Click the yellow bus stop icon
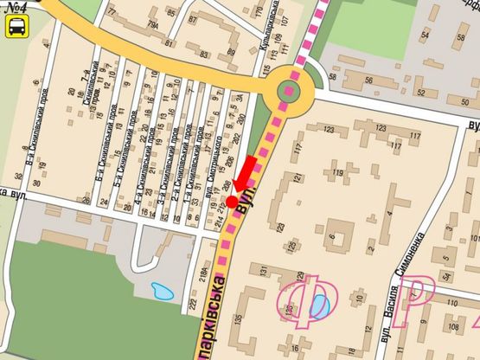tap(16, 27)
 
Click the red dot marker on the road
tap(232, 201)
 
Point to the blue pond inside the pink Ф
tap(319, 304)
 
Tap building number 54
tap(424, 36)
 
